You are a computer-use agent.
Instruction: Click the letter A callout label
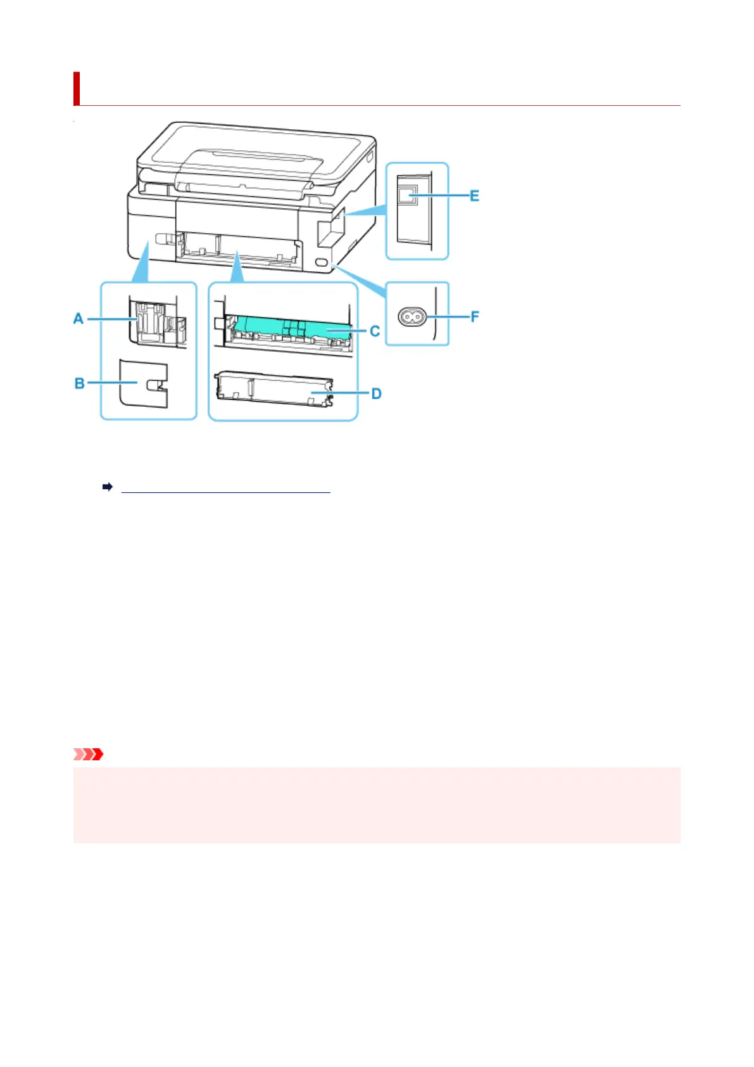pos(79,318)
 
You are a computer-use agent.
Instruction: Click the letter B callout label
pos(80,383)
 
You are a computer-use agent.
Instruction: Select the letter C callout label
pos(375,331)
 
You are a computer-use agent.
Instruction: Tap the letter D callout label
pos(376,393)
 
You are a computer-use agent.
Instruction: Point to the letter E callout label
pos(474,196)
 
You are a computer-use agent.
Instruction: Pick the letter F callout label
pos(474,316)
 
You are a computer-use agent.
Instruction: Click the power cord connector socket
pos(412,316)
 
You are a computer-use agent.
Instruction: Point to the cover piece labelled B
pos(143,384)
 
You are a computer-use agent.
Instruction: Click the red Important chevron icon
pos(89,754)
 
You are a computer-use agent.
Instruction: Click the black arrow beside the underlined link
pos(108,487)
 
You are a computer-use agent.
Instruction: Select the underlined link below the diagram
pos(225,488)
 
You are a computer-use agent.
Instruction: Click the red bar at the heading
pos(77,88)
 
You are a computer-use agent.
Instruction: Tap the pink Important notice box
pos(377,805)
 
